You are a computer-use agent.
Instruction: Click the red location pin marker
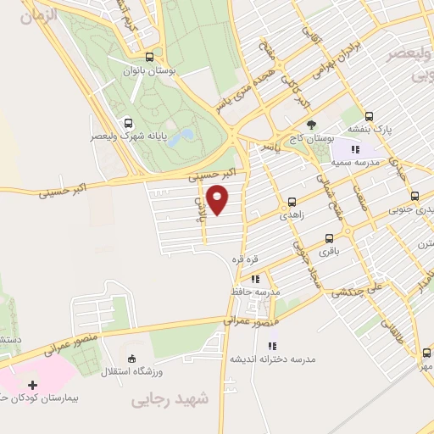pos(219,198)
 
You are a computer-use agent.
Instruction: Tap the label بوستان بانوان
pos(150,73)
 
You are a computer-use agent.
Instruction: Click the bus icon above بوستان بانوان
pos(150,58)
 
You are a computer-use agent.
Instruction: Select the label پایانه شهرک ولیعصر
pos(127,136)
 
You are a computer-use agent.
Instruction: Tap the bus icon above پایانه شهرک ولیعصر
pos(127,121)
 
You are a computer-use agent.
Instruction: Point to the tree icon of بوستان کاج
pos(311,124)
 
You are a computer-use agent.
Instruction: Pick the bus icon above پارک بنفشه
pos(369,117)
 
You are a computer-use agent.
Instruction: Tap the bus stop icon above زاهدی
pos(292,202)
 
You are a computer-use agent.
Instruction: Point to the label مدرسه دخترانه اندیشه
pos(272,359)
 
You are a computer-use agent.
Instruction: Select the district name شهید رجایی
pos(163,399)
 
